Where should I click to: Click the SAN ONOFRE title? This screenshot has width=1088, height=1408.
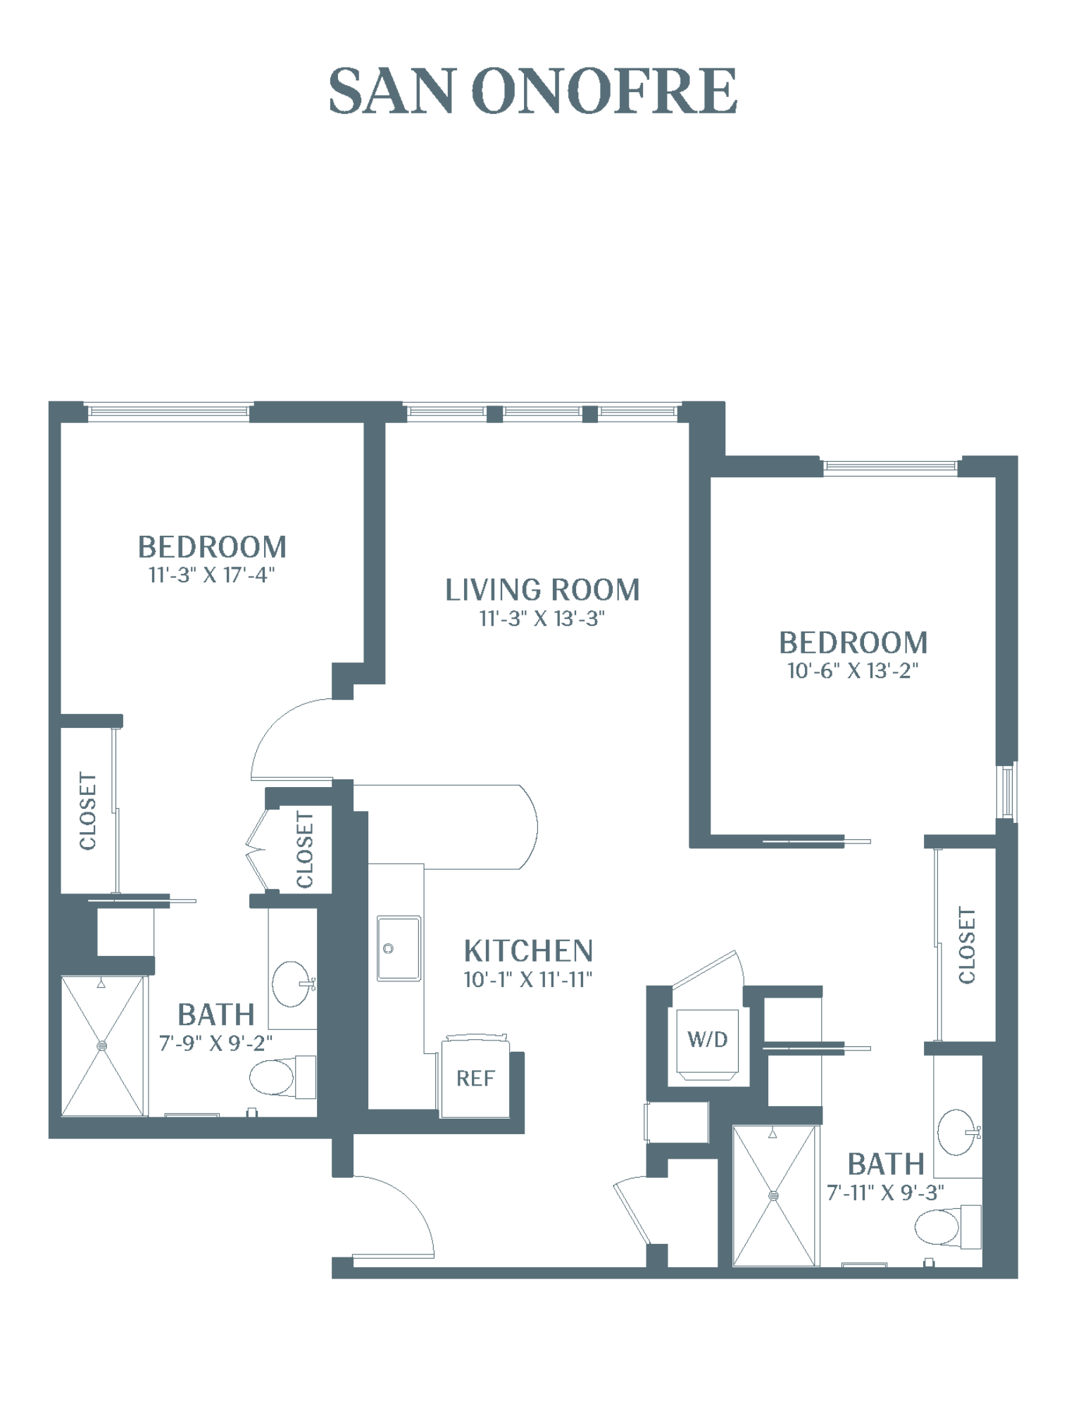click(533, 91)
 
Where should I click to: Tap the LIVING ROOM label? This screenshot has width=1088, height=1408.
click(542, 590)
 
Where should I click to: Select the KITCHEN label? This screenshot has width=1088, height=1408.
click(528, 951)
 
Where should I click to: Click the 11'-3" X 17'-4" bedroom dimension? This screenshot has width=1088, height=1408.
click(211, 575)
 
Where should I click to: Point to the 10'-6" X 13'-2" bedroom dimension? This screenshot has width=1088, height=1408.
click(853, 671)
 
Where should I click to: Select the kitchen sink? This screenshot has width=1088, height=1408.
click(399, 948)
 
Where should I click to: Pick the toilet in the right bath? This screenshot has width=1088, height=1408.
click(948, 1227)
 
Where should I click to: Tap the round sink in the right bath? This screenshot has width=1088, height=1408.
click(958, 1132)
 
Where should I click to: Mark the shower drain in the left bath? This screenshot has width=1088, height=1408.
click(103, 1045)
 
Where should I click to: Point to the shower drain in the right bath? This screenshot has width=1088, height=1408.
click(774, 1195)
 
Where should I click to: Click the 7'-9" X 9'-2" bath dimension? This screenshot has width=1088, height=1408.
click(215, 1043)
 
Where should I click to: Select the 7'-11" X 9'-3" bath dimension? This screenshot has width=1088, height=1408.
click(885, 1193)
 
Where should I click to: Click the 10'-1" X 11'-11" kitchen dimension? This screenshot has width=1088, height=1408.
click(528, 979)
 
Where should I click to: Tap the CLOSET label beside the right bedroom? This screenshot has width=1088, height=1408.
click(967, 945)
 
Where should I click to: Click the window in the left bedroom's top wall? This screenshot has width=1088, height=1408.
click(168, 410)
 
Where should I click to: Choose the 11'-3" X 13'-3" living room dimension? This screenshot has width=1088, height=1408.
click(542, 619)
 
